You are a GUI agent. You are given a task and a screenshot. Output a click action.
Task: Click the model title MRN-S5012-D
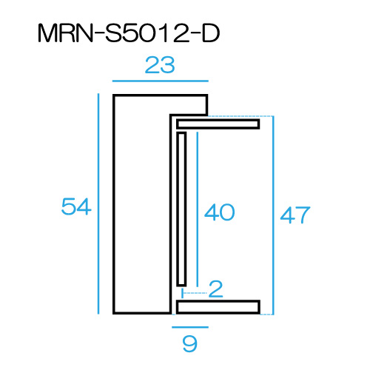pos(129,33)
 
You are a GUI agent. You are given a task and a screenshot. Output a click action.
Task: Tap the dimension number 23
pos(160,65)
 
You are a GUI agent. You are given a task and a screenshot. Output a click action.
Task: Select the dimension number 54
pos(76,206)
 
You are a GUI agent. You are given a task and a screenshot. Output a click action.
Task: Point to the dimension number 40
pos(219,212)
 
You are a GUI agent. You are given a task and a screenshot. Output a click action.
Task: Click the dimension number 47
pos(295,215)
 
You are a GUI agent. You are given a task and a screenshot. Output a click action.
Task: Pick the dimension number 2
pos(216,289)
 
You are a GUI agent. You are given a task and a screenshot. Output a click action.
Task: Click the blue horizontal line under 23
pos(161,81)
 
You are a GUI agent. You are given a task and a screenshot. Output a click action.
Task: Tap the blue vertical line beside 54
pos(98,203)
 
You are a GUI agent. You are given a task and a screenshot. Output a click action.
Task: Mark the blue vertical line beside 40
pos(197,209)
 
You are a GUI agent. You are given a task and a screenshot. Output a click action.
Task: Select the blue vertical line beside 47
pos(273,215)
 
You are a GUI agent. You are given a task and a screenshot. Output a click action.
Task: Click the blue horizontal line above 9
pos(190,327)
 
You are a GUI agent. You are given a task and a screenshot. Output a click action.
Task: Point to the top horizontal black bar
pos(218,124)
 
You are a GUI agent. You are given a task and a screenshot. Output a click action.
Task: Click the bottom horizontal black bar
pos(218,307)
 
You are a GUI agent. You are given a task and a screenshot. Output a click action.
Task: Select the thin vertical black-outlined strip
pos(181,209)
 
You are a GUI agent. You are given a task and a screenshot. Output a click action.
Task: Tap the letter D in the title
pos(211,33)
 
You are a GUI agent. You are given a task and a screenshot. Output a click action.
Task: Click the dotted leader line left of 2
pos(194,293)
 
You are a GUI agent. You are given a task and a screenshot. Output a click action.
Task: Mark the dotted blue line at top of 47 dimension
pos(240,116)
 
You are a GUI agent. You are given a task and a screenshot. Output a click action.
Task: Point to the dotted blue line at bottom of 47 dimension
pos(267,314)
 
